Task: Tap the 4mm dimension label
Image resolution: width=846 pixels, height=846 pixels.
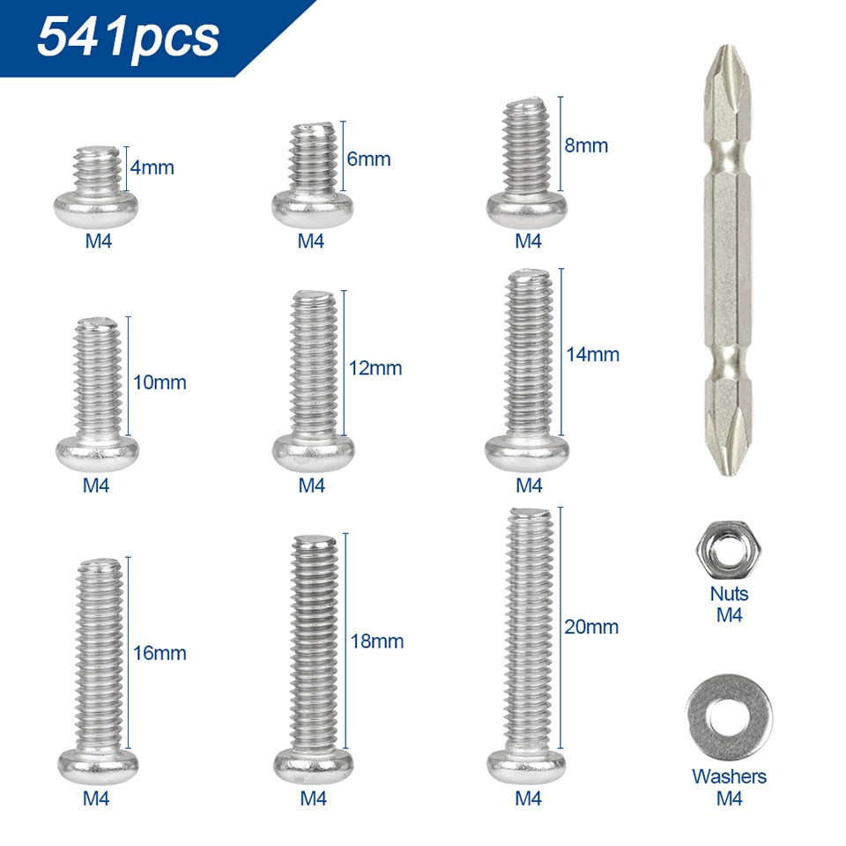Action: click(x=152, y=167)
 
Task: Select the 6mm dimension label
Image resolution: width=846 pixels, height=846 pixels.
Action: click(x=368, y=160)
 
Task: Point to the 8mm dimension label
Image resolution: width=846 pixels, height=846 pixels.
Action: click(x=586, y=145)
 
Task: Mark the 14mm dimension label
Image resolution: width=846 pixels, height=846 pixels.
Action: click(x=593, y=354)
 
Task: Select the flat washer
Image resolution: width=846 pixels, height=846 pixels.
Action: click(x=728, y=716)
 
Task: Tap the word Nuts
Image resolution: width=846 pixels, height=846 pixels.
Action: click(x=729, y=595)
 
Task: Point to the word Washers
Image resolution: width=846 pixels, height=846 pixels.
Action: click(x=729, y=776)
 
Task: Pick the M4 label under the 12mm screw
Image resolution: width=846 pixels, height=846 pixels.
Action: click(x=312, y=486)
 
